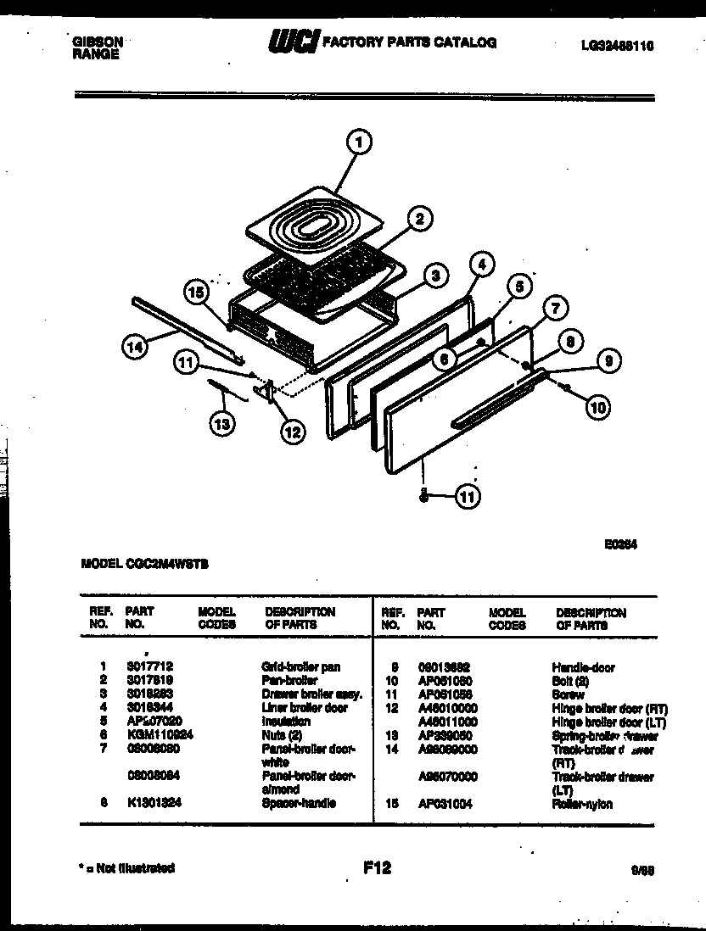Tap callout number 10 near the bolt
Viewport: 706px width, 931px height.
point(598,407)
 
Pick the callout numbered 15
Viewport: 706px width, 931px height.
point(197,293)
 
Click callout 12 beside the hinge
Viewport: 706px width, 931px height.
point(291,432)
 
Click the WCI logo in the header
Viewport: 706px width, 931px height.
point(293,42)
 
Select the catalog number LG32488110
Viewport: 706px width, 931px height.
point(612,48)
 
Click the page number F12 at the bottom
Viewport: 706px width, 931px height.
point(376,867)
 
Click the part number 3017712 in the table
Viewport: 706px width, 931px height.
point(148,667)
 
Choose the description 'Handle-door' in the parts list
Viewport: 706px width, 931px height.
point(583,667)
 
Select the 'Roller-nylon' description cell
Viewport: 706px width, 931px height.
point(581,804)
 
